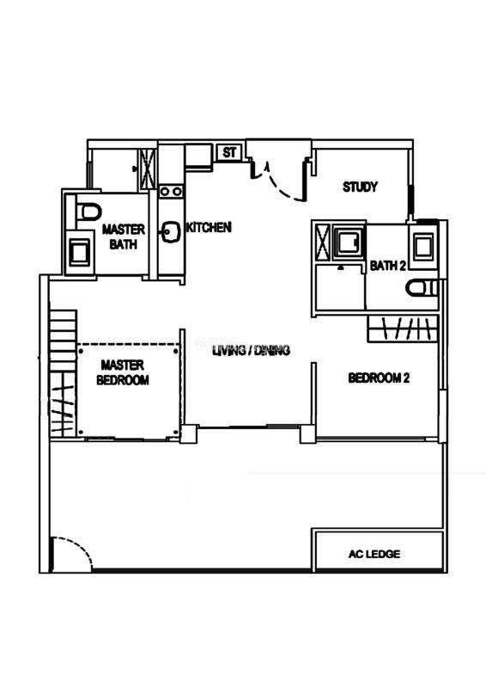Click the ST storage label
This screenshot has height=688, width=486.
(x=229, y=152)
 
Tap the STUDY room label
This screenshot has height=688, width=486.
(x=360, y=187)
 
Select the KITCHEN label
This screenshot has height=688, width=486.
(x=209, y=227)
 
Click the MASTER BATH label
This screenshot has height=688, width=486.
(x=123, y=236)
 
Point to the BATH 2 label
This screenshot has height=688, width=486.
(x=388, y=266)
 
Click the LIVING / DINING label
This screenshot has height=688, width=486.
(x=251, y=351)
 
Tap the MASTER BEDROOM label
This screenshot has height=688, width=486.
(x=123, y=372)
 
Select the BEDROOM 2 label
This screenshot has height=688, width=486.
(x=379, y=378)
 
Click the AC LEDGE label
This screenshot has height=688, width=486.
(x=374, y=554)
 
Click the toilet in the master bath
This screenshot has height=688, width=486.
(x=89, y=212)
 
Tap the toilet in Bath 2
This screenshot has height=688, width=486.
(x=422, y=288)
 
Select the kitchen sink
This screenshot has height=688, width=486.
(x=172, y=233)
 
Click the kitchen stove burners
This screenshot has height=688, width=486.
(x=171, y=191)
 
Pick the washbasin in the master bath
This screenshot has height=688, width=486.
(x=79, y=253)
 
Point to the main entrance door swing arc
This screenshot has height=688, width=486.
(x=283, y=183)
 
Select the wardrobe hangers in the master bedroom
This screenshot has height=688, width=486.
(x=63, y=404)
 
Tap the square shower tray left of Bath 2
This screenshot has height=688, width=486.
(x=348, y=241)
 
